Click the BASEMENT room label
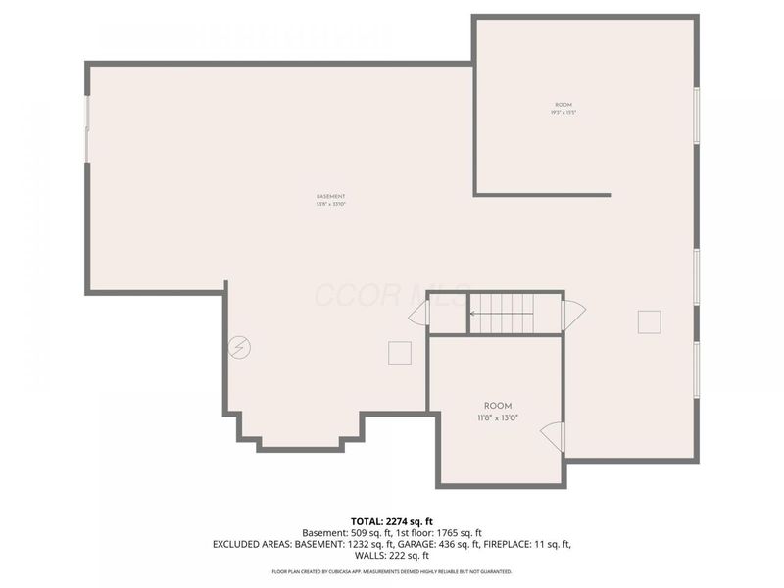click(330, 199)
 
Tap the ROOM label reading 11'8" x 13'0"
click(498, 412)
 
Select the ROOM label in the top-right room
click(563, 108)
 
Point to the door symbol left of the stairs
click(419, 314)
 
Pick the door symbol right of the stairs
click(573, 314)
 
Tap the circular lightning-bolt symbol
click(239, 347)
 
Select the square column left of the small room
click(400, 353)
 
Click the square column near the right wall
click(649, 321)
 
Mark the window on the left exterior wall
click(87, 128)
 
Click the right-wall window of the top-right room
click(697, 116)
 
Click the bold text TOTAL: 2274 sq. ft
click(392, 520)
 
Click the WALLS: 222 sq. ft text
click(392, 556)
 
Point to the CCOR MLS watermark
click(372, 294)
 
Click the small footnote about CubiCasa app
click(392, 570)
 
